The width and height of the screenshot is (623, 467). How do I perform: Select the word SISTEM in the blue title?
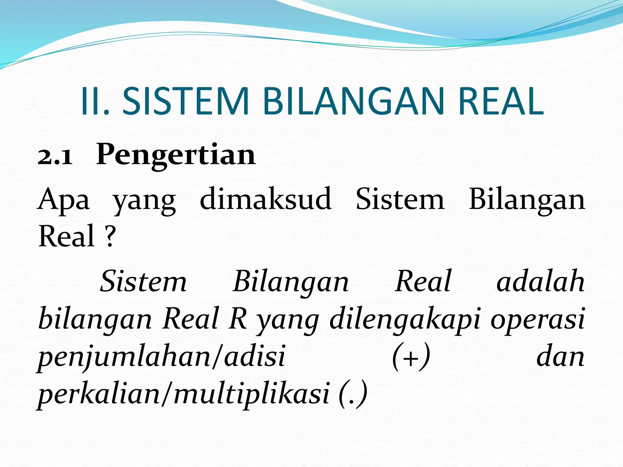coord(186,102)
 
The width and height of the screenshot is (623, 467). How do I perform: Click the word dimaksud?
coord(266,199)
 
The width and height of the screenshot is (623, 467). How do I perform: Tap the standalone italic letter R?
coord(238,319)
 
